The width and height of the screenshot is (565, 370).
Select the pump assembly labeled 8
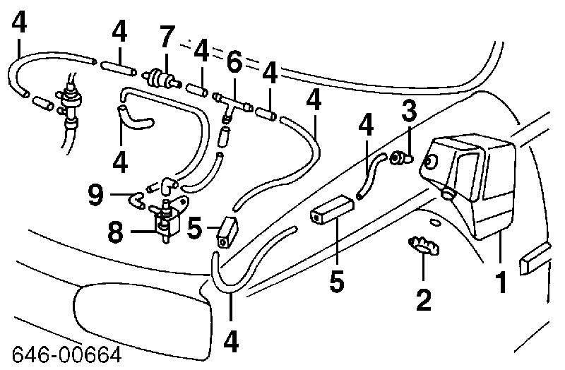166,222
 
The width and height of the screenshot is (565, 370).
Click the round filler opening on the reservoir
429,163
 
